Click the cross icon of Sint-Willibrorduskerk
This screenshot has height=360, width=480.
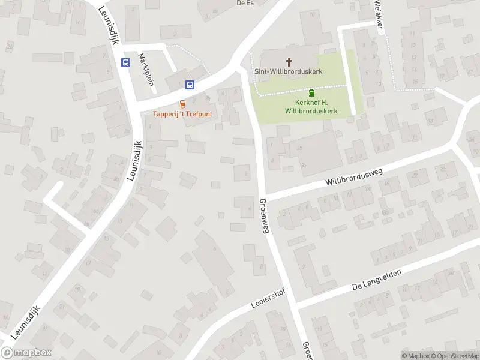pos(289,61)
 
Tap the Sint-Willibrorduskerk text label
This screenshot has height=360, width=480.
pos(289,71)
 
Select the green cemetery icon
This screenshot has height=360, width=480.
pos(311,93)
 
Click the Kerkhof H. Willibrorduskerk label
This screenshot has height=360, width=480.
pos(311,107)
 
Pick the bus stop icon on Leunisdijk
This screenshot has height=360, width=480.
pos(125,62)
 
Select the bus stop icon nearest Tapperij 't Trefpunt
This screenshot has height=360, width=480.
pos(190,85)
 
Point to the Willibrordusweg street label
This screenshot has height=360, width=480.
pos(354,176)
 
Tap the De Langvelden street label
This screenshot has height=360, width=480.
pos(376,277)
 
